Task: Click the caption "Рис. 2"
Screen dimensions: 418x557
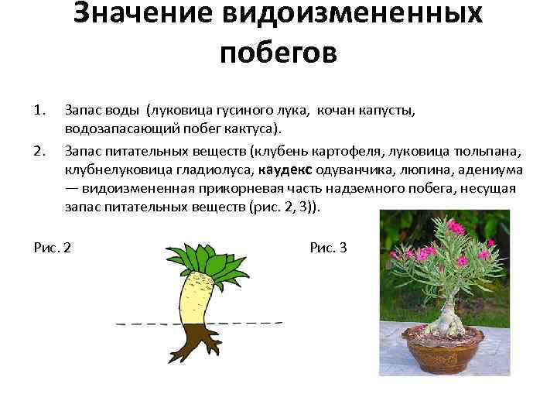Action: tap(53, 248)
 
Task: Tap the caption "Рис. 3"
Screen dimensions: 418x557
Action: tap(328, 248)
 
